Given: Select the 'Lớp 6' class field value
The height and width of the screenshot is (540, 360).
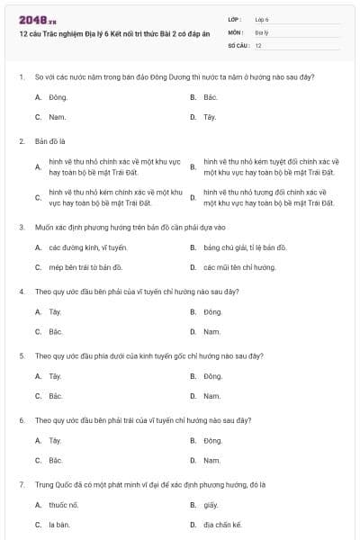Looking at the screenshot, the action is pyautogui.click(x=262, y=19).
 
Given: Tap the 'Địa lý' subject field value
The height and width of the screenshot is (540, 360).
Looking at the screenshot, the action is pyautogui.click(x=262, y=31).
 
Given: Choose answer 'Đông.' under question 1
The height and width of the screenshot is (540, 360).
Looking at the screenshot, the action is pyautogui.click(x=58, y=96).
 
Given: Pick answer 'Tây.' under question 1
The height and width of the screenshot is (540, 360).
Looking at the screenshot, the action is pyautogui.click(x=210, y=117).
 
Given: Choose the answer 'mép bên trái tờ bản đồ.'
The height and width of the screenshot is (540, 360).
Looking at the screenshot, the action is pyautogui.click(x=85, y=267).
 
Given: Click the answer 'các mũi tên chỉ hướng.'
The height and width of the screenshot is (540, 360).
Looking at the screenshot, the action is pyautogui.click(x=239, y=267).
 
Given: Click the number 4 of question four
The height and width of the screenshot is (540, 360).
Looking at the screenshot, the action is pyautogui.click(x=21, y=292).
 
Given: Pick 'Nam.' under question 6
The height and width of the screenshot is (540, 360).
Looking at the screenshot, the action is pyautogui.click(x=211, y=460).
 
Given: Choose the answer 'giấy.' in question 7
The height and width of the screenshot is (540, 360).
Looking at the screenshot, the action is pyautogui.click(x=211, y=505).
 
